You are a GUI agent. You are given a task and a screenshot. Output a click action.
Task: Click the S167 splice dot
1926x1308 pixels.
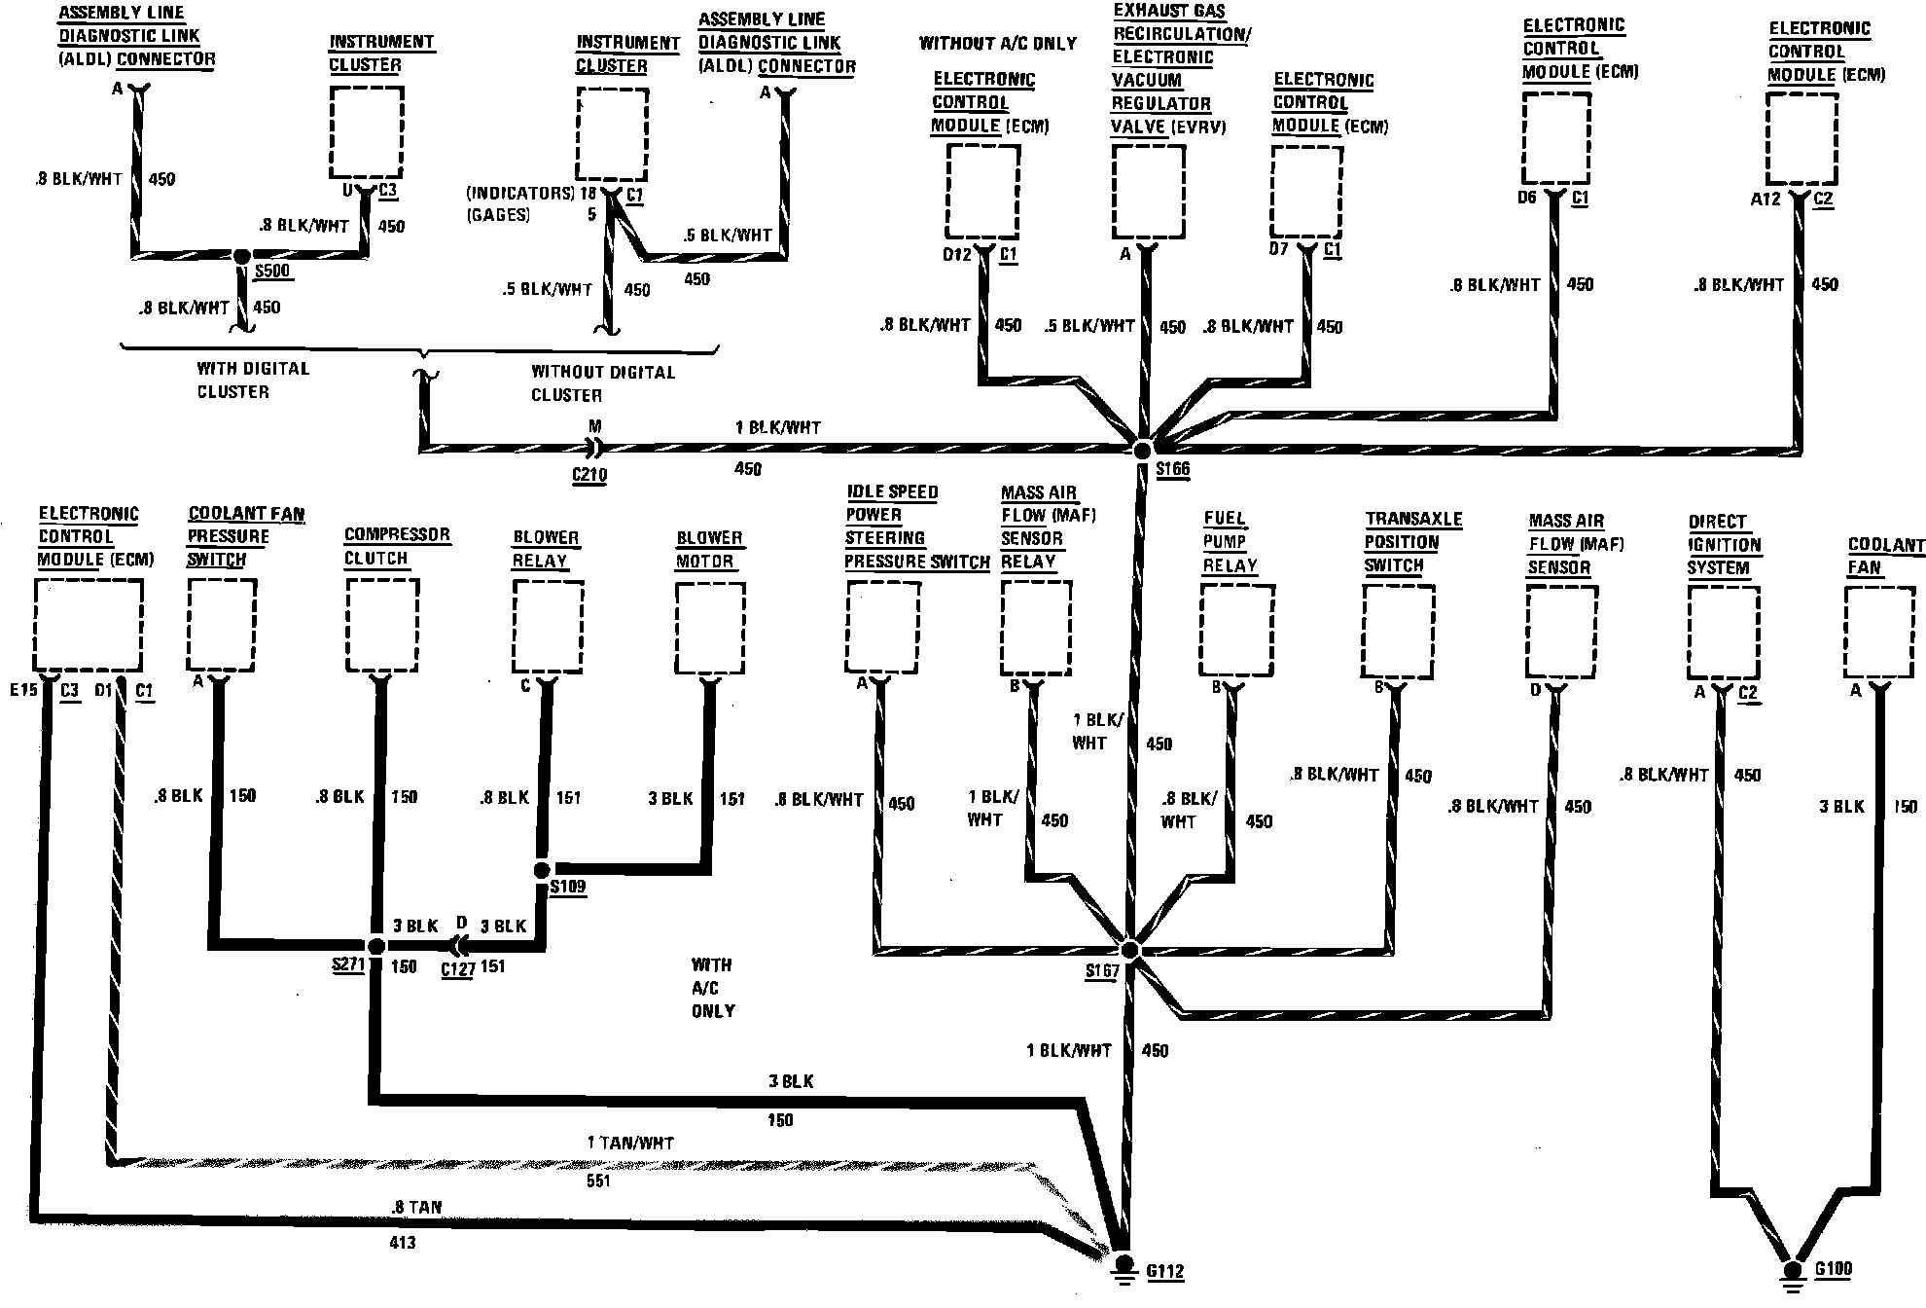(x=1129, y=949)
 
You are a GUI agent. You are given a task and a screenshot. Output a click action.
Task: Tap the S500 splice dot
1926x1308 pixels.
(x=242, y=256)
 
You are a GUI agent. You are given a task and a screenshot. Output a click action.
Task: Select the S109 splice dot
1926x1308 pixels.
(x=542, y=869)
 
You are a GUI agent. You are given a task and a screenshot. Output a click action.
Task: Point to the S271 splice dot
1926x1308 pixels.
(x=376, y=946)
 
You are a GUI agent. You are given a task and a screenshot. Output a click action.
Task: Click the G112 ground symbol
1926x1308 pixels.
(x=1123, y=1268)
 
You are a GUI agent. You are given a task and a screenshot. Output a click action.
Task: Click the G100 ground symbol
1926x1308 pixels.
(x=1792, y=1271)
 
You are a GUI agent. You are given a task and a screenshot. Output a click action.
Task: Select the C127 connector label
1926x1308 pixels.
(x=458, y=969)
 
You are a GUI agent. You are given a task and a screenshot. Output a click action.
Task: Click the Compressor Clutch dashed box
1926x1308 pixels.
(x=382, y=625)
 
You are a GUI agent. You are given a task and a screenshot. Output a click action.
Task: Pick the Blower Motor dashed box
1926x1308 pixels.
(x=710, y=627)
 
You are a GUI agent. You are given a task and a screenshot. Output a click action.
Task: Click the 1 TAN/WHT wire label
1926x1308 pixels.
(x=630, y=1143)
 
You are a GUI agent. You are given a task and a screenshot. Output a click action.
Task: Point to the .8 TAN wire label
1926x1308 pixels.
(x=415, y=1207)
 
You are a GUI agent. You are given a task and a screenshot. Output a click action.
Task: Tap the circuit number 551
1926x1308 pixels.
(x=598, y=1181)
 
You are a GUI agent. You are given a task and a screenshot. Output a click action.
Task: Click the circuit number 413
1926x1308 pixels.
(x=402, y=1243)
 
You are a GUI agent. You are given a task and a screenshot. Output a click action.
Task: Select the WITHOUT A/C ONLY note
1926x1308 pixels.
(x=998, y=44)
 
